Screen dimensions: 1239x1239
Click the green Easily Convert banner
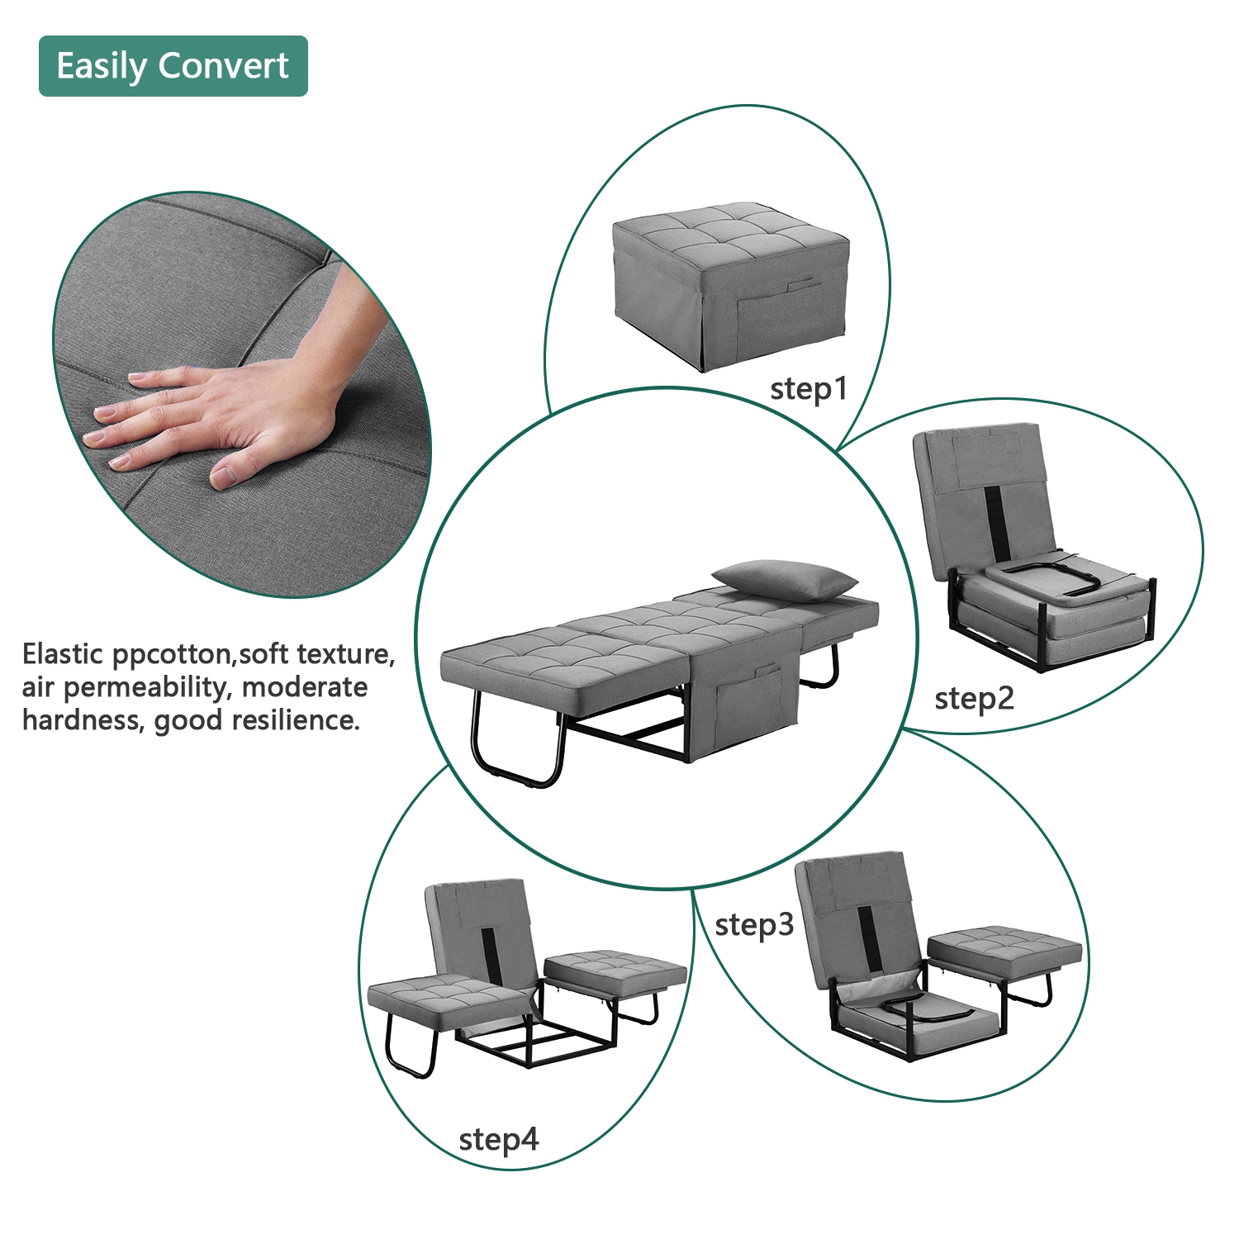173,66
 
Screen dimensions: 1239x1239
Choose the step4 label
498,1141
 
